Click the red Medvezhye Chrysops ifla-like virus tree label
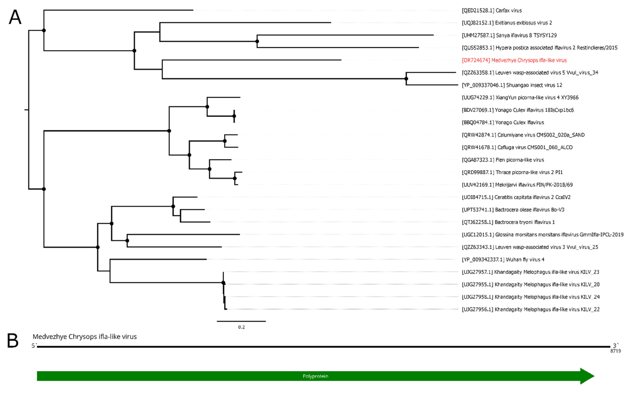pos(514,60)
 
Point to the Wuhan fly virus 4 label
pos(503,259)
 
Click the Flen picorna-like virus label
pos(503,160)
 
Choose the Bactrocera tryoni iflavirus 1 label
pos(508,222)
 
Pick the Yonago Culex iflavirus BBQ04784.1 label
pos(503,122)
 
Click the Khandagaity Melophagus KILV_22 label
pos(530,309)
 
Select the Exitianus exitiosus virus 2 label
pos(507,23)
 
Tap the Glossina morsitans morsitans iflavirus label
pos(542,235)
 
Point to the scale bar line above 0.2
pos(241,321)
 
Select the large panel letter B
pos(13,341)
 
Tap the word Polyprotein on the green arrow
pos(315,376)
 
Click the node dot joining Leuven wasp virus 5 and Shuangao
pos(406,79)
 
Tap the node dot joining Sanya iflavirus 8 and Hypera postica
pos(257,41)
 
